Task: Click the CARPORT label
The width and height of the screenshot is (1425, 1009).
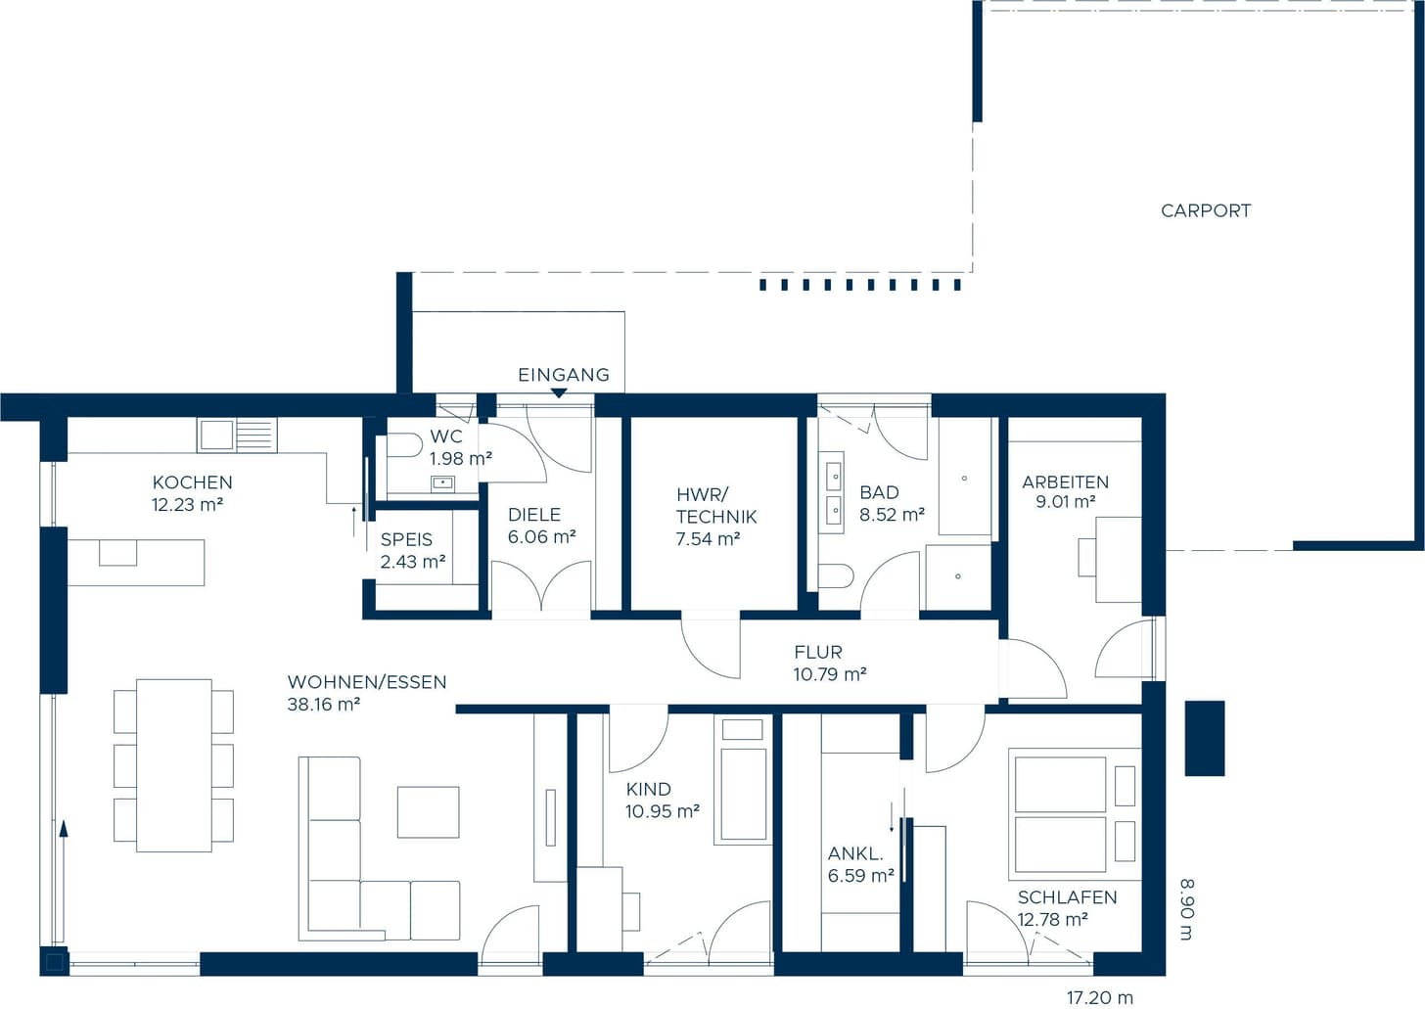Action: click(x=1206, y=210)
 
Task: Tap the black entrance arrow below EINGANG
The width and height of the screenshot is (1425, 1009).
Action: click(x=559, y=393)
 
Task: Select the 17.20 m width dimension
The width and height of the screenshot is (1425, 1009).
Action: click(x=1100, y=997)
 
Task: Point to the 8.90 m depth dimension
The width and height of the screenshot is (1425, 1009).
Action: click(x=1187, y=909)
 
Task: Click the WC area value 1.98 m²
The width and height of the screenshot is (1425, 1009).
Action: click(x=461, y=458)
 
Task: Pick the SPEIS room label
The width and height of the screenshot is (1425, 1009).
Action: click(x=406, y=539)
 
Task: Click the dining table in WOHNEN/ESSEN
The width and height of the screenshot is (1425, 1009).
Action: click(x=173, y=765)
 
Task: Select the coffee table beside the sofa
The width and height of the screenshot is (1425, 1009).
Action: click(x=428, y=811)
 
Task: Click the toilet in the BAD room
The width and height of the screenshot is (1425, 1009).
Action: click(x=835, y=575)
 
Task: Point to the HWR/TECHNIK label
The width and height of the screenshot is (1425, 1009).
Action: click(x=716, y=505)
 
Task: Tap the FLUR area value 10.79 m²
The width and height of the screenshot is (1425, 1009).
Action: click(x=830, y=673)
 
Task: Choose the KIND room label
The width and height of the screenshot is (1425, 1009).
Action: click(x=648, y=789)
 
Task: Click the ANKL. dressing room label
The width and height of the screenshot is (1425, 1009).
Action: click(x=855, y=853)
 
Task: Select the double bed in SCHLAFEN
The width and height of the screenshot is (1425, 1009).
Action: click(x=1060, y=815)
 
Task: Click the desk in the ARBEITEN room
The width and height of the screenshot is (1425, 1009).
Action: click(x=1119, y=560)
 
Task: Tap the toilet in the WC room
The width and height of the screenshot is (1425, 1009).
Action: click(x=402, y=445)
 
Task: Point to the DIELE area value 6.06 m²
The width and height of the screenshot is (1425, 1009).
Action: click(x=541, y=537)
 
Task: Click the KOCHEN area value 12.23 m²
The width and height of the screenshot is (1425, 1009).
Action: click(x=187, y=505)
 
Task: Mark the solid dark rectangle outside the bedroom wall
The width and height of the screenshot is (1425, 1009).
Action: click(x=1204, y=738)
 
